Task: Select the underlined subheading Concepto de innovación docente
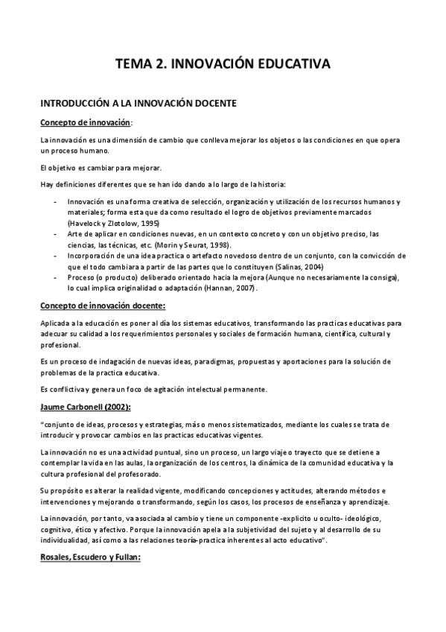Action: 102,306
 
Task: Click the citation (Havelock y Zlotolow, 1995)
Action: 114,223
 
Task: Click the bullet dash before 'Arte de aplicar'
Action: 57,234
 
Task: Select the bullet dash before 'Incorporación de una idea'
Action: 57,256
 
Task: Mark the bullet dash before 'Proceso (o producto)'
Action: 57,277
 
